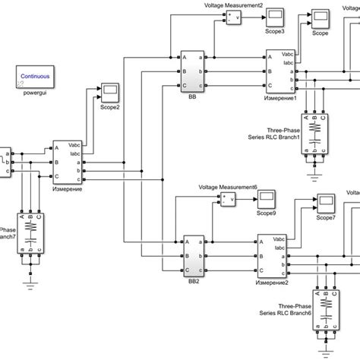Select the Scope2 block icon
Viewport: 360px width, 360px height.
pyautogui.click(x=110, y=90)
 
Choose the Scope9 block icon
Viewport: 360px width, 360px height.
pyautogui.click(x=267, y=199)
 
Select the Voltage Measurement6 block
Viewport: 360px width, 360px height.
pyautogui.click(x=228, y=200)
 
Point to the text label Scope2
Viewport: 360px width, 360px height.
pyautogui.click(x=111, y=107)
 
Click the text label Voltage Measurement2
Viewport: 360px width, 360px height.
pyautogui.click(x=234, y=5)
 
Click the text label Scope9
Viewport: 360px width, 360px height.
pyautogui.click(x=267, y=214)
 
